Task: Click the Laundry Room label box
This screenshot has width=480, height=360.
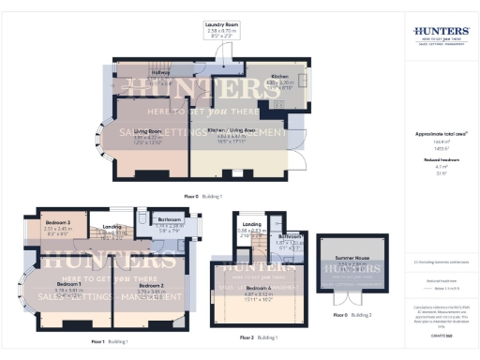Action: (x=224, y=27)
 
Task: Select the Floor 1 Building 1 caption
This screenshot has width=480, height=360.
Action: (x=110, y=341)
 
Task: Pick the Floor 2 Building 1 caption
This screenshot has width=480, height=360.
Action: (x=259, y=336)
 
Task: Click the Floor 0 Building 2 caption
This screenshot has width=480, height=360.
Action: (x=352, y=315)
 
